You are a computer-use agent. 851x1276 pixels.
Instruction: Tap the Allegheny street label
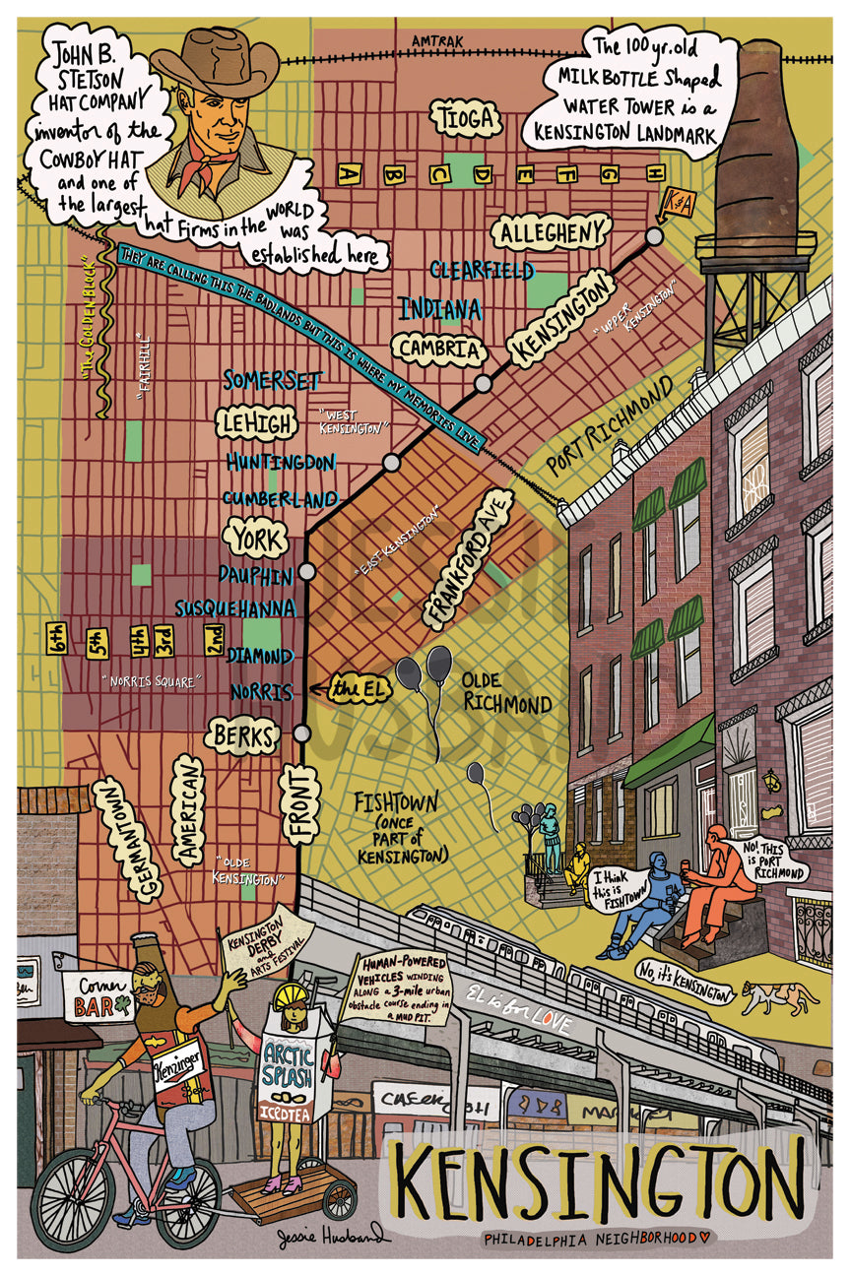(550, 232)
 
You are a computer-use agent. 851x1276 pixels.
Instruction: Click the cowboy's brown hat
(214, 62)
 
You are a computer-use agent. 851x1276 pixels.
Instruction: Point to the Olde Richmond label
(507, 691)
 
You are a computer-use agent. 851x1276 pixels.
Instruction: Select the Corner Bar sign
(98, 994)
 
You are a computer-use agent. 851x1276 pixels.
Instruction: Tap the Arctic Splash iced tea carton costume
(295, 1073)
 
